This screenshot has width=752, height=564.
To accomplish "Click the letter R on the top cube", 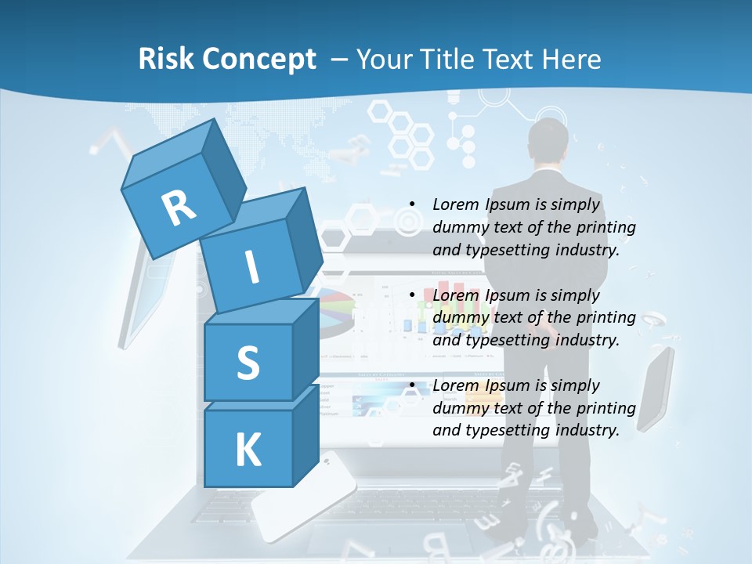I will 179,208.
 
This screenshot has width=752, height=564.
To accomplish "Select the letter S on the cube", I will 248,363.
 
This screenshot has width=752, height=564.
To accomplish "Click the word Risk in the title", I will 166,60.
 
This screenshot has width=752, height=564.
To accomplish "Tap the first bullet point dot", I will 411,204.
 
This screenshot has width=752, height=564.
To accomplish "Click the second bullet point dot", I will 411,295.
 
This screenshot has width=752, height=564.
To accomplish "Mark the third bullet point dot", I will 411,385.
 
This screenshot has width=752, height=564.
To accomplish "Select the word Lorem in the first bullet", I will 456,204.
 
